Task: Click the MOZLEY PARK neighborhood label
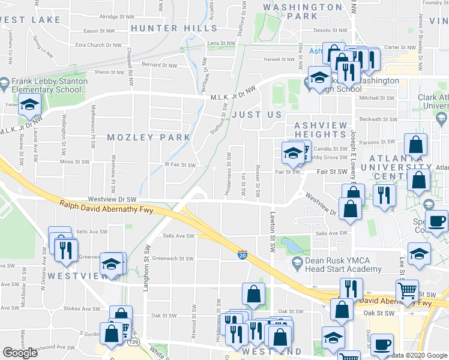(x=148, y=137)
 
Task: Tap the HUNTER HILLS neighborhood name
(x=163, y=28)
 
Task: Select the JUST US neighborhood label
(x=261, y=114)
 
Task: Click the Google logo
(x=20, y=353)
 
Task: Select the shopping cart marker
(x=409, y=292)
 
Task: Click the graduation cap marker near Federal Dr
(x=29, y=106)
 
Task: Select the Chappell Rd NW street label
(x=130, y=55)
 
